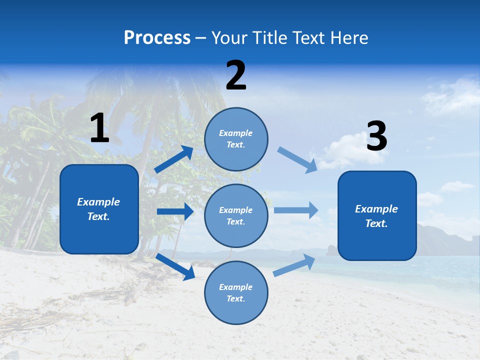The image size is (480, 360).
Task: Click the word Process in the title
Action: (157, 38)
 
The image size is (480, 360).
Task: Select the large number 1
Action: (99, 128)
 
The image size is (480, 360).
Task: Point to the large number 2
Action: (236, 75)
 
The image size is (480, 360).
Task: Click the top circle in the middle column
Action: (236, 139)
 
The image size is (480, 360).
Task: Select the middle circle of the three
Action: (236, 215)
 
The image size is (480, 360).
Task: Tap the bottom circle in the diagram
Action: (236, 292)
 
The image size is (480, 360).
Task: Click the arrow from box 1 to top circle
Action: (174, 159)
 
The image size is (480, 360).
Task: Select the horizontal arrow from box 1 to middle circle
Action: (175, 211)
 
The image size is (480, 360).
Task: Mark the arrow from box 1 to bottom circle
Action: (175, 266)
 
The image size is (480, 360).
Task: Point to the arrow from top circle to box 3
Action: (297, 160)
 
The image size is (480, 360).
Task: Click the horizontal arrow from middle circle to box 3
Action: (296, 210)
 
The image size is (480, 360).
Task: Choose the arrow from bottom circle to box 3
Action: (294, 265)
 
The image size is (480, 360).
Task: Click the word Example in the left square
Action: (98, 202)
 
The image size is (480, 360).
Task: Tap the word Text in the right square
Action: (375, 223)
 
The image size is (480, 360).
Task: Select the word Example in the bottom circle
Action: (236, 287)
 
